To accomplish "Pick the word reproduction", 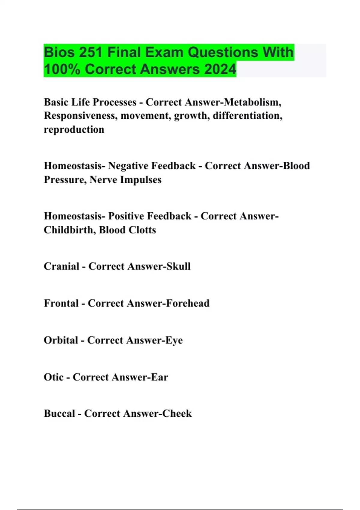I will pos(74,130).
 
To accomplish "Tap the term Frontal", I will pos(61,303).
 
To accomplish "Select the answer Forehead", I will pos(187,303).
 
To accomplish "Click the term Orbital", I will pos(61,340).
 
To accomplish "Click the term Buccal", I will pos(59,414).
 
